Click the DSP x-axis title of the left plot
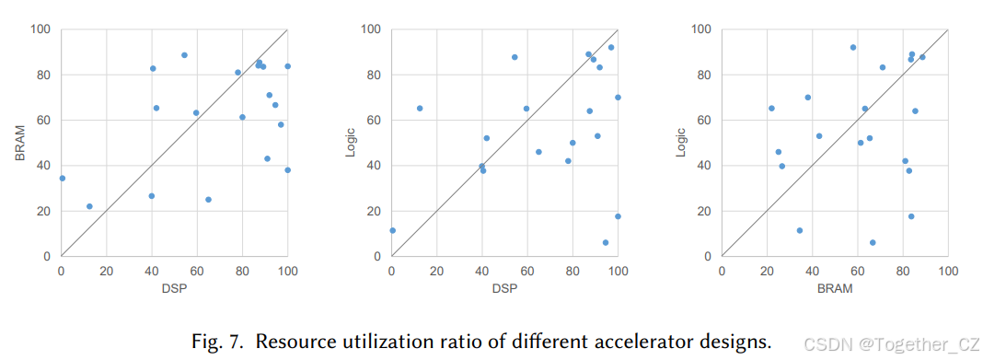175,288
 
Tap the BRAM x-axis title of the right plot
834,288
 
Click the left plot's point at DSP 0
62,179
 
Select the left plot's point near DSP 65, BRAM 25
208,200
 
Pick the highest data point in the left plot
184,55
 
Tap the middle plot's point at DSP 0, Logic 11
392,231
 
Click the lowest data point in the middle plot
606,243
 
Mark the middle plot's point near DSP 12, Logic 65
420,109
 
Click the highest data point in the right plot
853,47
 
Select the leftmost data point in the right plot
771,109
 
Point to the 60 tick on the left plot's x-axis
197,272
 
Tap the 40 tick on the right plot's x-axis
812,272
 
